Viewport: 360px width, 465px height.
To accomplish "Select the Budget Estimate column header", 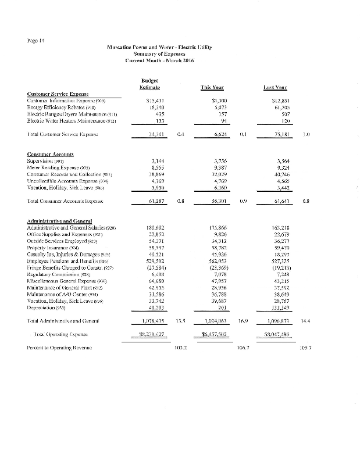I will coord(151,84).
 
